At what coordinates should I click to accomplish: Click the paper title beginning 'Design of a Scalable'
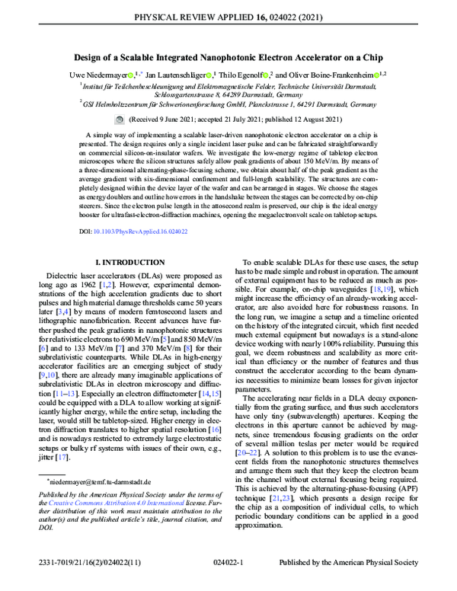228,57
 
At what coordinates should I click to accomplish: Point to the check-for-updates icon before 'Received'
120,120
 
